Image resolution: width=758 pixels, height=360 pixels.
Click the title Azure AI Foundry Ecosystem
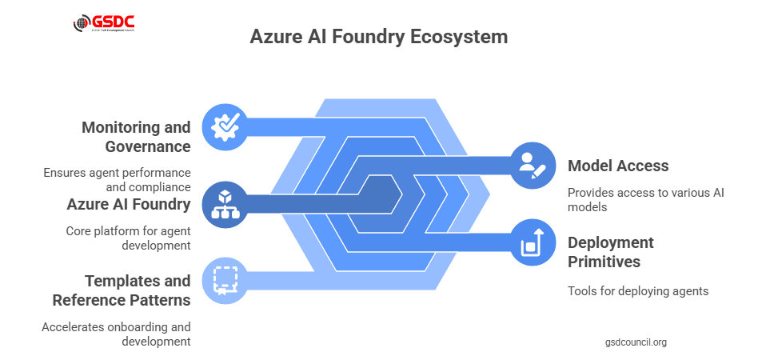tap(378, 37)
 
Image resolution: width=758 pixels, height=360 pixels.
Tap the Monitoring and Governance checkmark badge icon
tap(226, 126)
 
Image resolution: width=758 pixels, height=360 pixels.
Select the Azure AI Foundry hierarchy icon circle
tap(226, 205)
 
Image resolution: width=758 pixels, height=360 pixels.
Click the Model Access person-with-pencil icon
tap(532, 165)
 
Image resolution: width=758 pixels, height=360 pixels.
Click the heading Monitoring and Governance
tap(136, 137)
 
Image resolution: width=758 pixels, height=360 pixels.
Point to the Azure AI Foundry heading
tap(128, 204)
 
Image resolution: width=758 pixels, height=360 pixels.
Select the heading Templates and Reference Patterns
tap(122, 290)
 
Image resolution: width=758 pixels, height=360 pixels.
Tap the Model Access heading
tap(618, 166)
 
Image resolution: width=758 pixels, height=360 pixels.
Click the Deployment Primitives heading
tap(611, 252)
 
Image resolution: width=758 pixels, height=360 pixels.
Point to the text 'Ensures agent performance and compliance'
tap(117, 180)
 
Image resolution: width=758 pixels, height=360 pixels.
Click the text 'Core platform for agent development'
tap(128, 238)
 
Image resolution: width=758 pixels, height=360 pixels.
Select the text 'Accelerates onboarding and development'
tap(116, 334)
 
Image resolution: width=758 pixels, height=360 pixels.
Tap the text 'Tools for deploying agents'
tap(638, 291)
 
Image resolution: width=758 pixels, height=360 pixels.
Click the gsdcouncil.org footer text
tap(636, 342)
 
